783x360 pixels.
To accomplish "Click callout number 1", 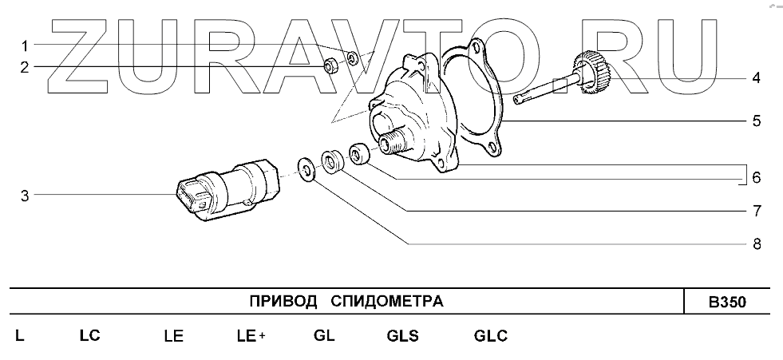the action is click(x=25, y=46).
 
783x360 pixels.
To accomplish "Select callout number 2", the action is click(x=25, y=67).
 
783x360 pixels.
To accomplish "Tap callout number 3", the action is click(x=25, y=196).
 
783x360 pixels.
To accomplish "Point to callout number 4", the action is click(x=756, y=78).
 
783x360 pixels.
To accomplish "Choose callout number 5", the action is click(x=757, y=121).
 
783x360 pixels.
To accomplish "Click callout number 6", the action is click(x=757, y=177).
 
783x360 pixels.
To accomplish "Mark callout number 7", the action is click(x=757, y=211).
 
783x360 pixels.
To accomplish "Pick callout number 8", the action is click(x=757, y=243).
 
